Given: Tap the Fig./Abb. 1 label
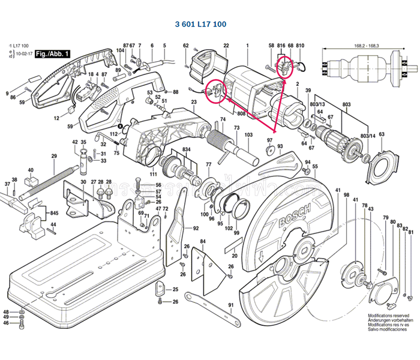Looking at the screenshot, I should pyautogui.click(x=53, y=55).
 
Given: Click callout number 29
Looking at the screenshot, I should pyautogui.click(x=53, y=156).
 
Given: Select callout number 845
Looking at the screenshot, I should pyautogui.click(x=54, y=213).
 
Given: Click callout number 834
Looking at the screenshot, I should pyautogui.click(x=187, y=149).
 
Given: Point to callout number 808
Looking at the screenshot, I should pyautogui.click(x=241, y=113).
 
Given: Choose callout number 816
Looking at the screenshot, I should pyautogui.click(x=280, y=46).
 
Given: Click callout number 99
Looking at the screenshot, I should pyautogui.click(x=236, y=233).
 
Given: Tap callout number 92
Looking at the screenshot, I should pyautogui.click(x=196, y=229).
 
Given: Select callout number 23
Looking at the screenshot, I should pyautogui.click(x=194, y=103).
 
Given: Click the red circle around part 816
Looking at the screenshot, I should pyautogui.click(x=284, y=67).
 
